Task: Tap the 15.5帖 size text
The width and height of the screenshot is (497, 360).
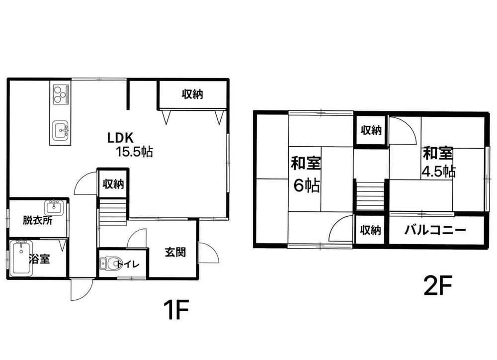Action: [x=134, y=152]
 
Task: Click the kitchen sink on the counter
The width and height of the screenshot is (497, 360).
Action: [x=61, y=130]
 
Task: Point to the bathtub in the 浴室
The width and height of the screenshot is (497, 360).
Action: [x=21, y=258]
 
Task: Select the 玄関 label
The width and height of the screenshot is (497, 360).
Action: [x=175, y=252]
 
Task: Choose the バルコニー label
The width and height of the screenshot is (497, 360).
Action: [x=435, y=230]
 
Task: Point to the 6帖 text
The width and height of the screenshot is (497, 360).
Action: [x=306, y=185]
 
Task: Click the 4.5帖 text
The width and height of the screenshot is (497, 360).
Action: [x=439, y=171]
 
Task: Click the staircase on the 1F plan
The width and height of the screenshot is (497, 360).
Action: [x=113, y=212]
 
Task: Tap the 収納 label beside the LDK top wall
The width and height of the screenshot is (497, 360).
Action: [x=192, y=94]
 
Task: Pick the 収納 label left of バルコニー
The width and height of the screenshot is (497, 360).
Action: [x=370, y=230]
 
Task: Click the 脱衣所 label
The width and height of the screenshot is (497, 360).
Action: [x=37, y=220]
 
